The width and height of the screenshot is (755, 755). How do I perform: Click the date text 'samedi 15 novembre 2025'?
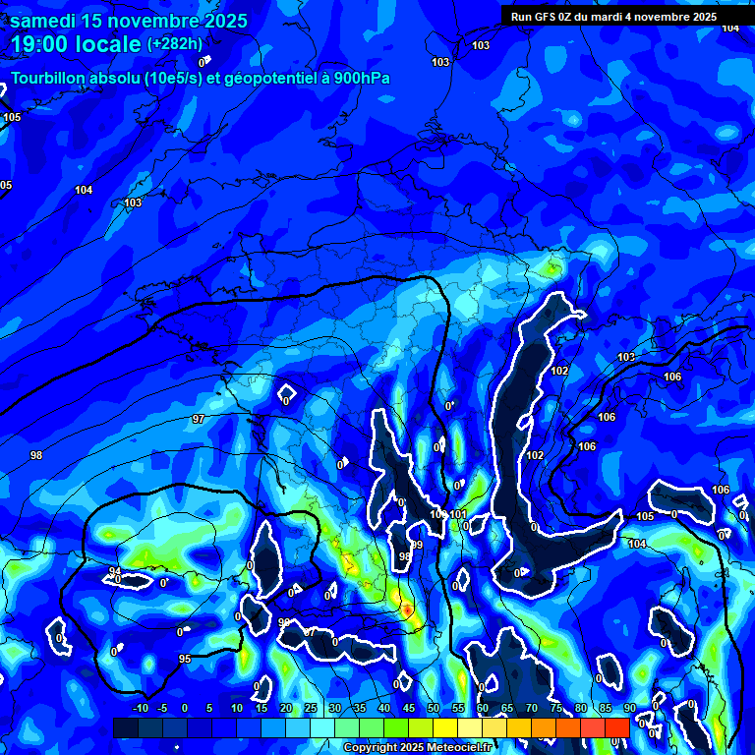129,21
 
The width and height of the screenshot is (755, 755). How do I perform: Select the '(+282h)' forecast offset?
175,44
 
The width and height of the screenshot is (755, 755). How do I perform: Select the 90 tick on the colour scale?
629,709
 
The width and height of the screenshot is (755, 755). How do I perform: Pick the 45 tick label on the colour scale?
409,709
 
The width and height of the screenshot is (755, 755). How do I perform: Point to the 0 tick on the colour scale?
186,709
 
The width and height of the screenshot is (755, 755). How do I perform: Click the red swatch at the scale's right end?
616,727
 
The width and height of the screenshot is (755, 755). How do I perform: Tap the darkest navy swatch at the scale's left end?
126,727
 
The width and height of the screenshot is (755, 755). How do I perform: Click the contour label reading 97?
199,420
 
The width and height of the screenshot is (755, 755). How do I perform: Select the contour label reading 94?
115,571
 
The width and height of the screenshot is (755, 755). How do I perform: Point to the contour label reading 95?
185,659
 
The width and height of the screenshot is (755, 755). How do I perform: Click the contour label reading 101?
458,514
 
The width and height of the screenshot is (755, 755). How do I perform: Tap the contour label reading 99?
417,545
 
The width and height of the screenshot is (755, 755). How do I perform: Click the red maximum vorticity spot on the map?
406,610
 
